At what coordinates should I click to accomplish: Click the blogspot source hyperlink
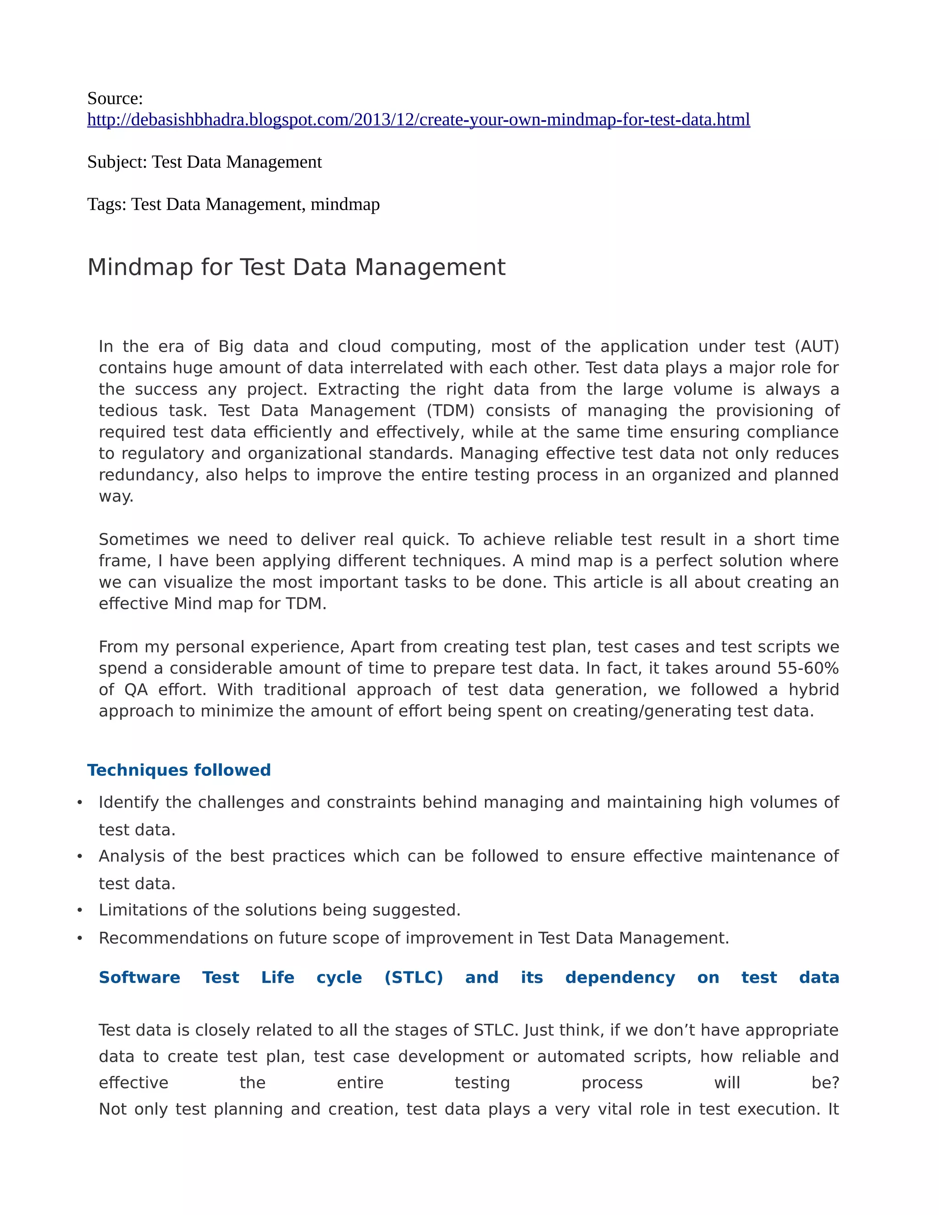pos(418,120)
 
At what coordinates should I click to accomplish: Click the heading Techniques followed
pos(178,770)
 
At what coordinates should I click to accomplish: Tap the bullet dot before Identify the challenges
pos(79,802)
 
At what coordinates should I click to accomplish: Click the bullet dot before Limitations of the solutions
pos(79,910)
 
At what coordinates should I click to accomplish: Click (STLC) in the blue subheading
pos(413,978)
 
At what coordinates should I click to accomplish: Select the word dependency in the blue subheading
pos(620,978)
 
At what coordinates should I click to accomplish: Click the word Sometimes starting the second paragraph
pos(143,540)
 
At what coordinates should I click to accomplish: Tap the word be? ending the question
pos(825,1082)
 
